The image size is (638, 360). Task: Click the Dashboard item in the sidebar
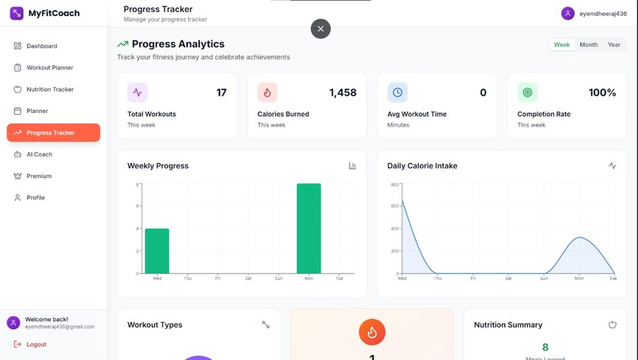pyautogui.click(x=41, y=46)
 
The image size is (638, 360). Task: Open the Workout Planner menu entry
pyautogui.click(x=49, y=67)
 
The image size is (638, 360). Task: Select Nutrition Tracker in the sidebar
pyautogui.click(x=49, y=89)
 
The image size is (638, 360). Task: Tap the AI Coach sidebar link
pyautogui.click(x=39, y=154)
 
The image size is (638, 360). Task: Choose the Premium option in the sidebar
pyautogui.click(x=39, y=176)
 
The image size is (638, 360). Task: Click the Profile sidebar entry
pyautogui.click(x=36, y=198)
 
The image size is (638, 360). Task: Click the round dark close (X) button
pyautogui.click(x=321, y=28)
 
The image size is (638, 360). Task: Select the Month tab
pyautogui.click(x=588, y=45)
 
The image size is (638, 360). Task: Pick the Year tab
pyautogui.click(x=613, y=45)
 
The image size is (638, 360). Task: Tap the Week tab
pyautogui.click(x=562, y=45)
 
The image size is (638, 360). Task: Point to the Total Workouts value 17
pyautogui.click(x=222, y=93)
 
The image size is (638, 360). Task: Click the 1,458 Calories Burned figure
pyautogui.click(x=343, y=93)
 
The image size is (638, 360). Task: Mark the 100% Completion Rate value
pyautogui.click(x=602, y=93)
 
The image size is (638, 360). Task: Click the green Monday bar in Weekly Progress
pyautogui.click(x=309, y=229)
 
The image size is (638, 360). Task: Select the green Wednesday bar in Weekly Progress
pyautogui.click(x=157, y=251)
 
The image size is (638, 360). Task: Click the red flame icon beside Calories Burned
pyautogui.click(x=267, y=93)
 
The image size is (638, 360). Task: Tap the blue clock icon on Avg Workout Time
pyautogui.click(x=397, y=93)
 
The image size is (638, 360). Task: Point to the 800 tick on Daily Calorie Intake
pyautogui.click(x=394, y=184)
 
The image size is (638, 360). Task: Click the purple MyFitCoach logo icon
pyautogui.click(x=17, y=13)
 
